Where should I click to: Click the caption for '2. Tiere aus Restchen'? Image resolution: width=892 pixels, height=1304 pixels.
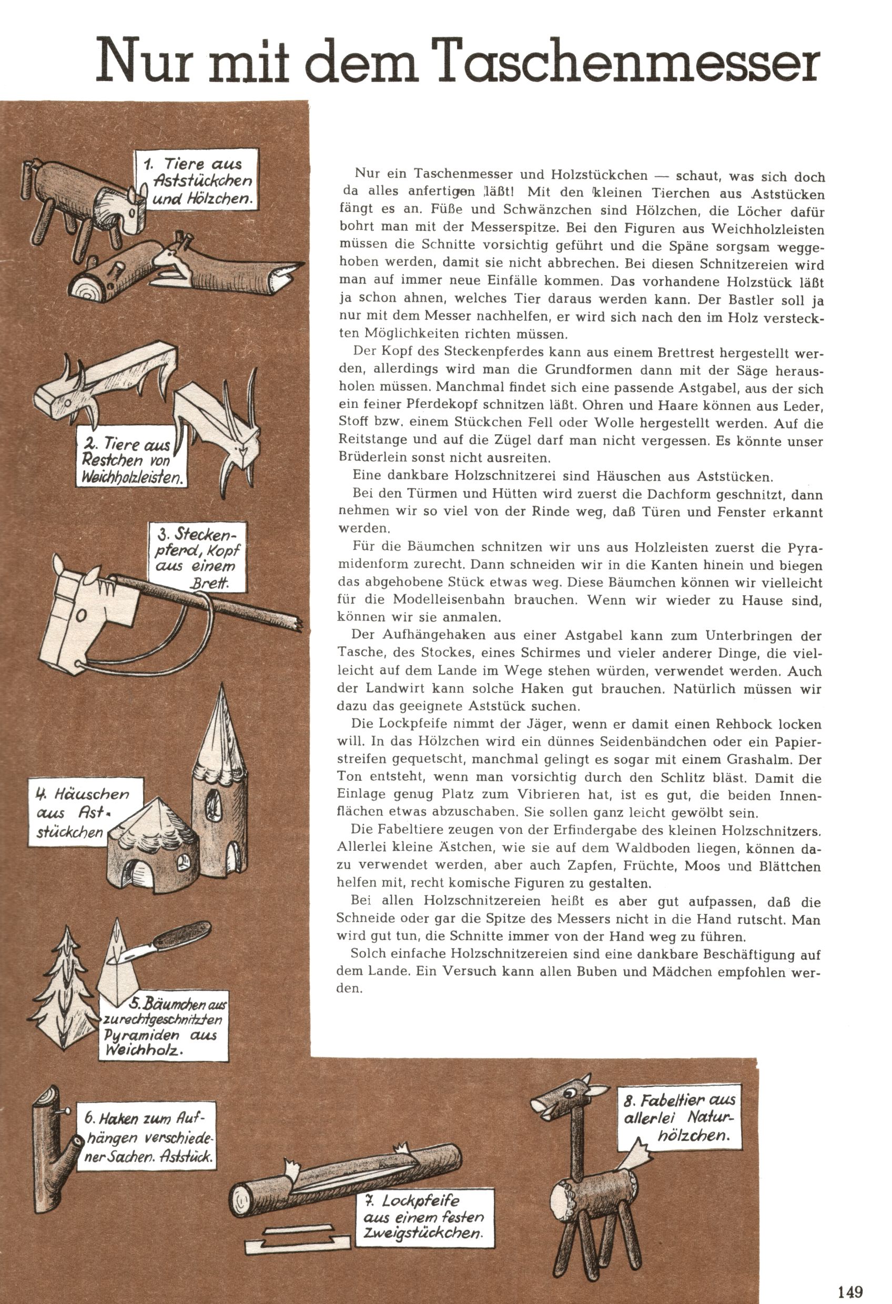click(132, 460)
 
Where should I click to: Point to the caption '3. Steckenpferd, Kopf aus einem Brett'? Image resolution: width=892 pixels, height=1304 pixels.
click(200, 557)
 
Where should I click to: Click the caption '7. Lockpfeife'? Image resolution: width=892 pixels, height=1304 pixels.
click(422, 1217)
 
